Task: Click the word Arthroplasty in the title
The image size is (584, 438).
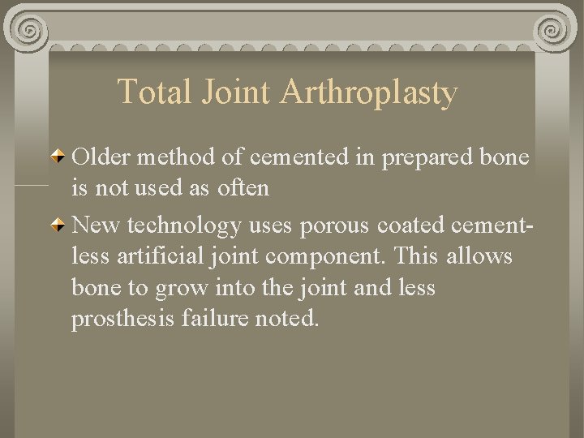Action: [369, 92]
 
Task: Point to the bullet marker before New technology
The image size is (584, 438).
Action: [59, 224]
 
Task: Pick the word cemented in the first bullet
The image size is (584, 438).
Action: [301, 156]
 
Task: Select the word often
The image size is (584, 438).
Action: [243, 188]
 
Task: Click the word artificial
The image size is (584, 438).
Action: [161, 256]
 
